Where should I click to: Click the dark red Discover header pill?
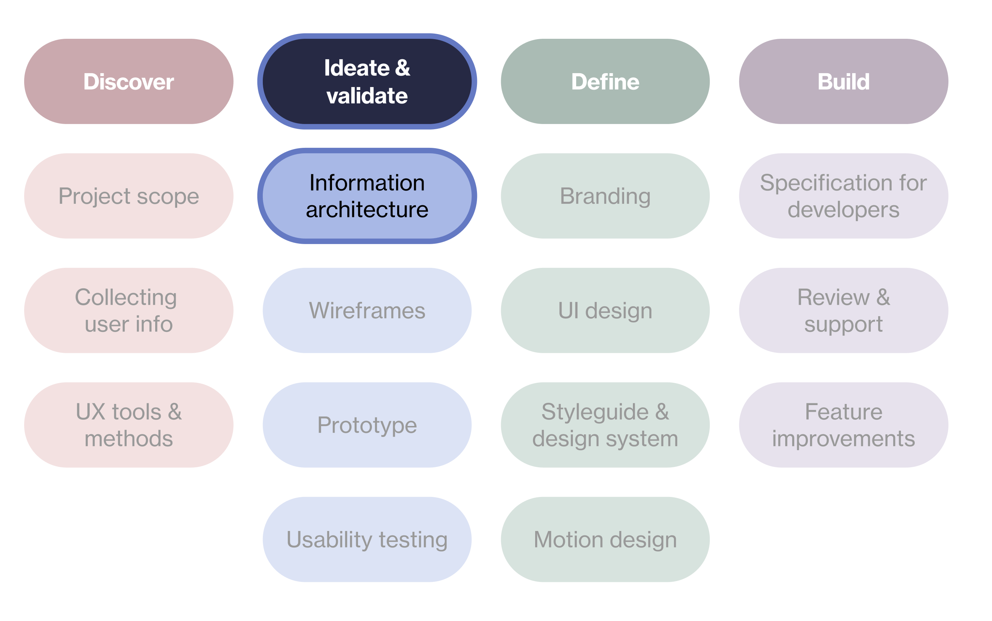(128, 81)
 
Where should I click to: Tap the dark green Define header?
(605, 81)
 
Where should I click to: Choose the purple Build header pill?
(843, 81)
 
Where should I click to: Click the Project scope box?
(128, 196)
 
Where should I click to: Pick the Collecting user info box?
(128, 310)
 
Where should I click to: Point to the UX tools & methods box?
(128, 425)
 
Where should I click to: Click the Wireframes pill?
(367, 310)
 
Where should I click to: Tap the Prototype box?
(367, 425)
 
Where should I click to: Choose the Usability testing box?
(367, 539)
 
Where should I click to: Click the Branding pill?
(605, 196)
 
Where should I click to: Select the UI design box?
(605, 310)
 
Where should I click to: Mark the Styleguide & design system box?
(605, 425)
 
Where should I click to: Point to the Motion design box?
(605, 539)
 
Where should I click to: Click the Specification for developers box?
(843, 196)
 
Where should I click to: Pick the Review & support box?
(843, 310)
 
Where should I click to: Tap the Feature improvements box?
(843, 425)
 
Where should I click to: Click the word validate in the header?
(367, 96)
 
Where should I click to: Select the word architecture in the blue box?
(367, 210)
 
